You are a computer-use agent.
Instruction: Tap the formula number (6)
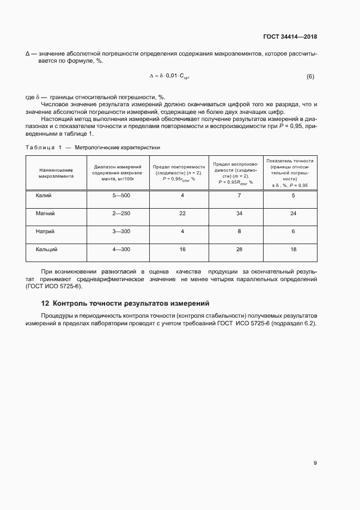(310, 77)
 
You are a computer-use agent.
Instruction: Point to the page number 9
(315, 463)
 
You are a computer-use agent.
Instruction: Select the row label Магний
(45, 213)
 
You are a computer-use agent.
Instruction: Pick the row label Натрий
(45, 231)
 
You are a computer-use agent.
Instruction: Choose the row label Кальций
(47, 249)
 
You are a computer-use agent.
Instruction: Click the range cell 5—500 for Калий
(121, 195)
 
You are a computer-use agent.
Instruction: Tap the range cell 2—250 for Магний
(121, 213)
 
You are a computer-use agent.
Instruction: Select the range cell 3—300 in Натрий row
(121, 231)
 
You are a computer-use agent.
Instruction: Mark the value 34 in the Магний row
(239, 213)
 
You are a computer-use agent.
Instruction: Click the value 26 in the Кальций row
(239, 249)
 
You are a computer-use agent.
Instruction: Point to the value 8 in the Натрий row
(239, 231)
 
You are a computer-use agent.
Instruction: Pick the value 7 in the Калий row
(239, 195)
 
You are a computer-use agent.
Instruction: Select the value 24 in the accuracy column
(293, 213)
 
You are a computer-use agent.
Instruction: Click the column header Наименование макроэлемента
(56, 173)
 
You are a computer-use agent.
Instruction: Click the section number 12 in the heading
(45, 303)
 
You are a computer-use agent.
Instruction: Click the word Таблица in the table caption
(39, 148)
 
